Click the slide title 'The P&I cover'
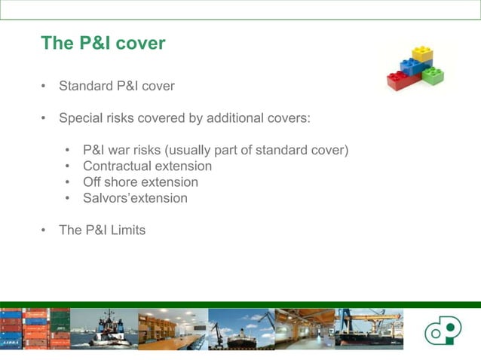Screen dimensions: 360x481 click(x=103, y=43)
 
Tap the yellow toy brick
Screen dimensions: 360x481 click(x=422, y=54)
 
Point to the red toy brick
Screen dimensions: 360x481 click(x=399, y=80)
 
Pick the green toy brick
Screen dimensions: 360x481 click(x=433, y=76)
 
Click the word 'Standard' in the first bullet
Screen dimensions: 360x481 click(x=85, y=86)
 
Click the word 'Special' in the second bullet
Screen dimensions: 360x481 click(x=81, y=118)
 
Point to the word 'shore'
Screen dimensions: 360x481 click(x=126, y=182)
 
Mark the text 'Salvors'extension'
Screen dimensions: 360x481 click(x=136, y=199)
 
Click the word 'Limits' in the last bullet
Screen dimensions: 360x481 click(x=126, y=230)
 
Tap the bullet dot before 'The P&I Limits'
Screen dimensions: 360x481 click(x=44, y=230)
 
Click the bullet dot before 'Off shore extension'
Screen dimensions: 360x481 click(x=68, y=183)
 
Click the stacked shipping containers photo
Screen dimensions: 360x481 click(x=35, y=329)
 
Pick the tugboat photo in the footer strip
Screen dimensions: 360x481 click(x=103, y=329)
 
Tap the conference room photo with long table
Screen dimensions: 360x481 click(x=173, y=329)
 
